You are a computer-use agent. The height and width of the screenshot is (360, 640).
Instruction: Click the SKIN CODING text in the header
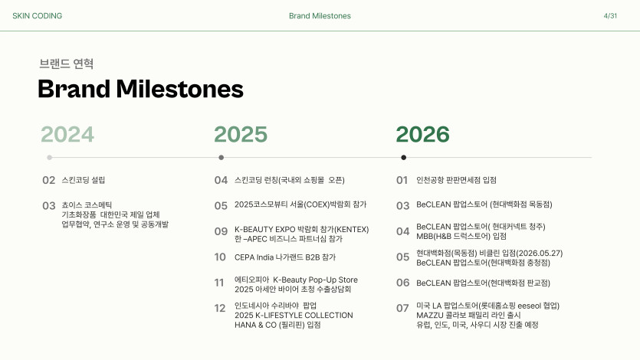pos(37,16)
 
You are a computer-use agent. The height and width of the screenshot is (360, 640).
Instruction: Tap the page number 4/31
pos(610,16)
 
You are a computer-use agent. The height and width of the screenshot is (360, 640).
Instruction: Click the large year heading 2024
pos(67,134)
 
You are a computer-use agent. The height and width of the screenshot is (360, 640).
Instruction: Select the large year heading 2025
pos(241,134)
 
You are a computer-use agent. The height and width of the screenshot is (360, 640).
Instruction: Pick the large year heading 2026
pos(423,134)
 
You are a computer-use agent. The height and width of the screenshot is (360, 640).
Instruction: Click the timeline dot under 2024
pos(49,157)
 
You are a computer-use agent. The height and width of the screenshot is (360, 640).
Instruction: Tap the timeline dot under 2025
pos(222,157)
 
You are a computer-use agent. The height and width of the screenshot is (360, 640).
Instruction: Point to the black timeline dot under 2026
pos(404,157)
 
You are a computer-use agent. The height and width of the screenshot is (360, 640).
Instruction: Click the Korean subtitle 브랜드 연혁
pos(67,64)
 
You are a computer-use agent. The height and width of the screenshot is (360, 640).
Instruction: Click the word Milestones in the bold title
pos(180,89)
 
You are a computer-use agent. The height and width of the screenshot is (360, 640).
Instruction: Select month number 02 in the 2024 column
pos(48,180)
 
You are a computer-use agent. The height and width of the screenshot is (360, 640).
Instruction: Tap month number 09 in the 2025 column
pos(221,231)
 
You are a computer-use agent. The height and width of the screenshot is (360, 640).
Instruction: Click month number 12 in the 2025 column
pos(220,308)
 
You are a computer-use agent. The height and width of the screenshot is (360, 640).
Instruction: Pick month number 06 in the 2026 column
pos(403,283)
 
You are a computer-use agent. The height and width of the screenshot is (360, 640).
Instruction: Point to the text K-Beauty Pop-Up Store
pos(316,280)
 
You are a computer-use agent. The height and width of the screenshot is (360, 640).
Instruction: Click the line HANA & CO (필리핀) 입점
pos(277,325)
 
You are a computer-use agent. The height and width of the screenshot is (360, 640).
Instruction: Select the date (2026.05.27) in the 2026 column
pos(540,254)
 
